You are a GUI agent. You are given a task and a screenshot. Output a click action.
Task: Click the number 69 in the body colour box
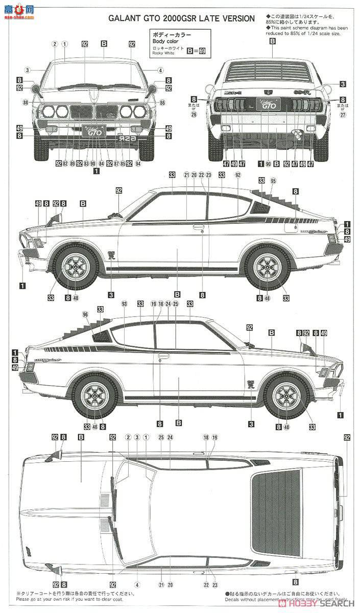click(x=202, y=51)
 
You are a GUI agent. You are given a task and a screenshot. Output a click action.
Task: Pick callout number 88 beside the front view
click(x=25, y=103)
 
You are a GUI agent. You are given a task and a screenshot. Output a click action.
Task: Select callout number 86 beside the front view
click(x=162, y=103)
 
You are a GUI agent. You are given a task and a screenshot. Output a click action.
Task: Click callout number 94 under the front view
click(x=138, y=163)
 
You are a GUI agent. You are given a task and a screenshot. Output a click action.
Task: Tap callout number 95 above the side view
click(x=273, y=181)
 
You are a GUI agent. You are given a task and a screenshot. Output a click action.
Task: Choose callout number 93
click(x=124, y=304)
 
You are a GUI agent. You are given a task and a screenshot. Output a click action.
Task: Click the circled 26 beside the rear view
click(x=194, y=114)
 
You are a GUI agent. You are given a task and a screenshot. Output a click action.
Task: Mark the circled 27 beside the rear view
click(x=343, y=114)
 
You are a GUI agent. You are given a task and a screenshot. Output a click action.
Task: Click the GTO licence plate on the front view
click(x=93, y=131)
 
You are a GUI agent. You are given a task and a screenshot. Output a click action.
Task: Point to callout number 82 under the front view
click(x=65, y=163)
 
